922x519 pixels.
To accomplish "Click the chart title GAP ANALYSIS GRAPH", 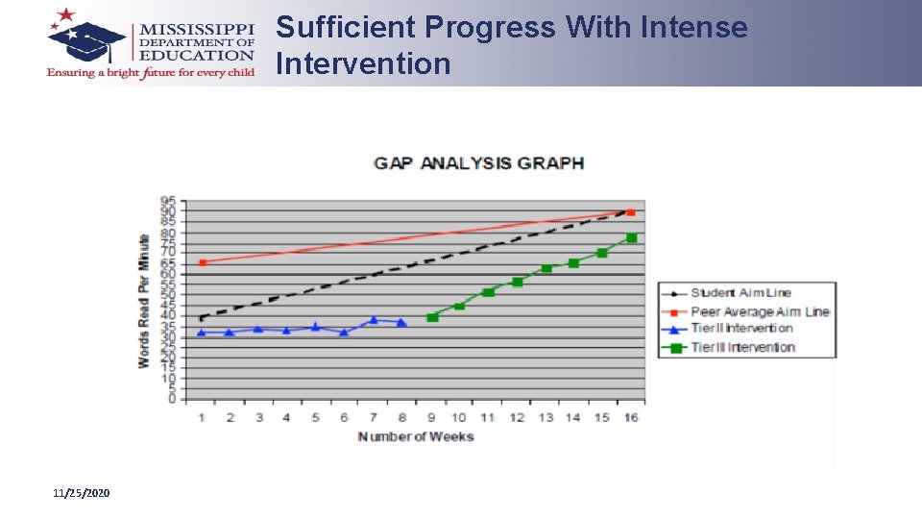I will (x=478, y=162).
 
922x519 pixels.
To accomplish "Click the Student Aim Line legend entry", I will (x=740, y=293).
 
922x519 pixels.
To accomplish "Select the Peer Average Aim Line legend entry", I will (x=759, y=311).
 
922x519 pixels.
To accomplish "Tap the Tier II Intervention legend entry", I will (x=741, y=329).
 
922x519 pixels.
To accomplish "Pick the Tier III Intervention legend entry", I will (x=742, y=347).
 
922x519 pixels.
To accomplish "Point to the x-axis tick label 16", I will (x=631, y=417).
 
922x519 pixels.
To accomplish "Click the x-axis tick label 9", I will (x=431, y=417).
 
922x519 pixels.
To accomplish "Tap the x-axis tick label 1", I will (x=202, y=417).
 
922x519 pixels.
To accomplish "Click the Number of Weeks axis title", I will (x=416, y=437).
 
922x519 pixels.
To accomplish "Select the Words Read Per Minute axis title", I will (x=144, y=301).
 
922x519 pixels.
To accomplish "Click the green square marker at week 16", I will (x=631, y=238).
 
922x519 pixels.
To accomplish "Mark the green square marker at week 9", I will (x=432, y=316).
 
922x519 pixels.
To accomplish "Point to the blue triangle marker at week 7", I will (x=374, y=320).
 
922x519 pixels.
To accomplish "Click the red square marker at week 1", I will (x=203, y=262).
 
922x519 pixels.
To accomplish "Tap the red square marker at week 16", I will (x=630, y=212).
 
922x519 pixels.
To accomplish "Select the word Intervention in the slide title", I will (x=363, y=64).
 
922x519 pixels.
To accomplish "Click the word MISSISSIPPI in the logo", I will (x=197, y=27).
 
